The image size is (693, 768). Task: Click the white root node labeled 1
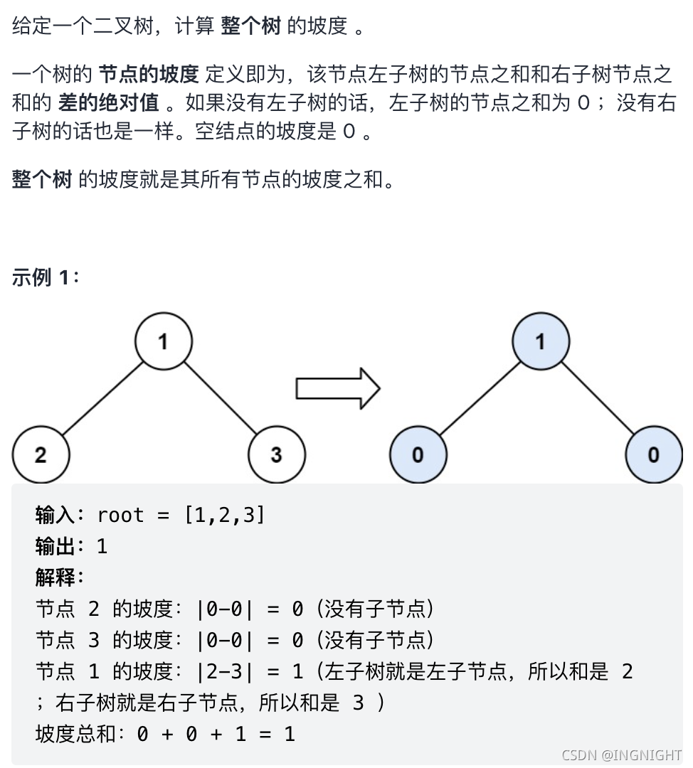164,341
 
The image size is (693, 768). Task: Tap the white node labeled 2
41,454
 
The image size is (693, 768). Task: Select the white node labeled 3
277,454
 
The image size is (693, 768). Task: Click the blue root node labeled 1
541,341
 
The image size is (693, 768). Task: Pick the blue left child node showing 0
418,454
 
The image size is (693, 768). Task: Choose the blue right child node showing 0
654,454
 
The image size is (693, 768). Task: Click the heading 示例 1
46,277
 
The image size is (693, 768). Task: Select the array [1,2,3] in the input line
224,515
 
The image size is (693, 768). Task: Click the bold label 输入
55,515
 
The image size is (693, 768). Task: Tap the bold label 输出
55,546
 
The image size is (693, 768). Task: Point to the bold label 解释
55,577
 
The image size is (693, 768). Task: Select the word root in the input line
120,515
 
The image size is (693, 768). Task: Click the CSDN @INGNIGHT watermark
620,755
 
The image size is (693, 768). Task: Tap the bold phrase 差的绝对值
108,103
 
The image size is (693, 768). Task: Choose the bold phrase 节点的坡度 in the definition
148,73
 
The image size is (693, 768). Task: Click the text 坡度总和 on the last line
75,734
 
